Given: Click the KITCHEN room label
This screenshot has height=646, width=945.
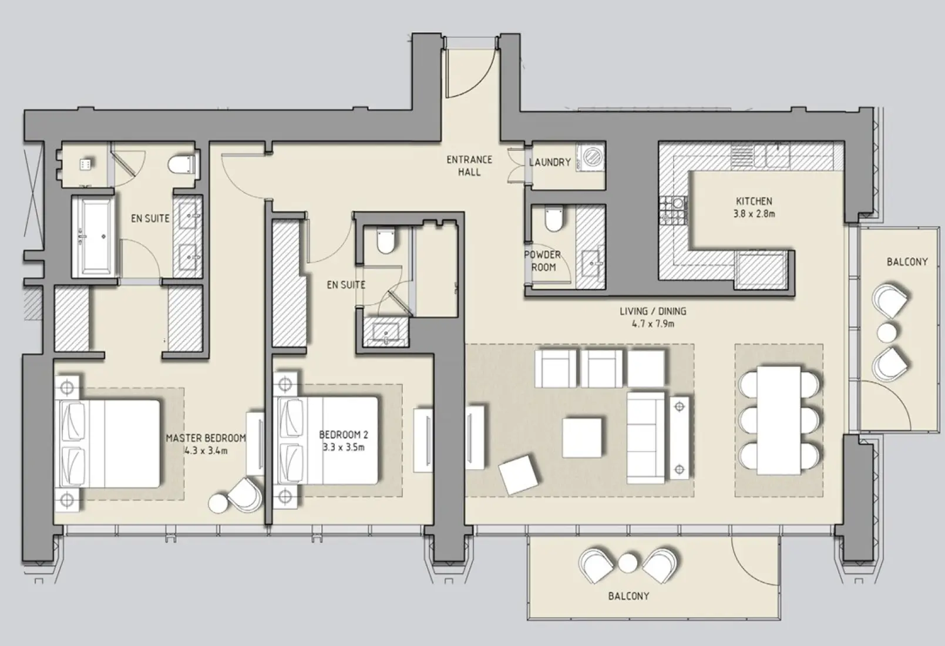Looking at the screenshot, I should (754, 201).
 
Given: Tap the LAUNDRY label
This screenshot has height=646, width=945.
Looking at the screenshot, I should (549, 162).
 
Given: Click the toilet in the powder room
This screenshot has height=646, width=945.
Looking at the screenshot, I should (553, 221).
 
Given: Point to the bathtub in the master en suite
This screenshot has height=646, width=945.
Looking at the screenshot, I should (95, 237).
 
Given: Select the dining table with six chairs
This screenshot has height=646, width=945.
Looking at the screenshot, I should (779, 419).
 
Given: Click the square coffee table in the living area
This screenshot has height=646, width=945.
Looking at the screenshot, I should (581, 437).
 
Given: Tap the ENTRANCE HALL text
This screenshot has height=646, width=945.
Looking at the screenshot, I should (469, 166).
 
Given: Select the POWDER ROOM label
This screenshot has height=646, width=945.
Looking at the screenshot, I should (542, 261).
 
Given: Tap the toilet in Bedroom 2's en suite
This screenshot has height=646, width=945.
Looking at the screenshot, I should (385, 242).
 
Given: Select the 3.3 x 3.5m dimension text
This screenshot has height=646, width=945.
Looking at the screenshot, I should (343, 447).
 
